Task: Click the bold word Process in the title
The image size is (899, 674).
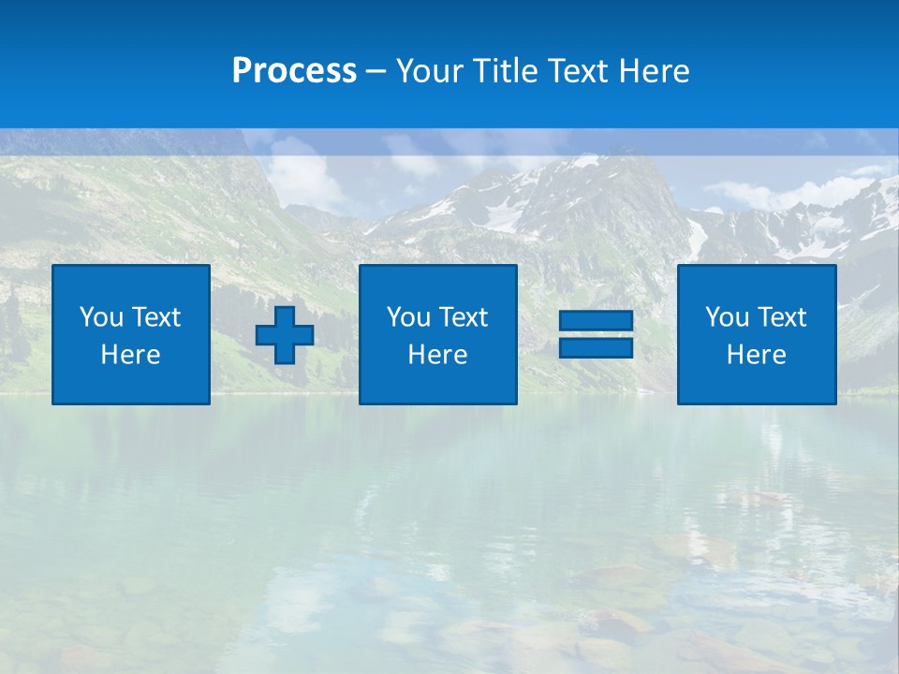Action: tap(294, 71)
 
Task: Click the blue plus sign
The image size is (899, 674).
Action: tap(285, 335)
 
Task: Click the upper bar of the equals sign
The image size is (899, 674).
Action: tap(596, 321)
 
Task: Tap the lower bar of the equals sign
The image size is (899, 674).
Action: tap(596, 347)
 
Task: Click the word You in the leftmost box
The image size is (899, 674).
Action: tap(101, 317)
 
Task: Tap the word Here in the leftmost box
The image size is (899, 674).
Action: tap(131, 355)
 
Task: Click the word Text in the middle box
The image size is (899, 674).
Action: tap(464, 317)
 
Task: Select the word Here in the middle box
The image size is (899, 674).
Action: tap(437, 355)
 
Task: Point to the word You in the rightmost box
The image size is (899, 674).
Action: tap(727, 317)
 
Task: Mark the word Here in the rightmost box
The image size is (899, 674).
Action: tap(757, 355)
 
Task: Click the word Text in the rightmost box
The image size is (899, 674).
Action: tap(782, 317)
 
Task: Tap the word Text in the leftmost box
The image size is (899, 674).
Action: tap(156, 317)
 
